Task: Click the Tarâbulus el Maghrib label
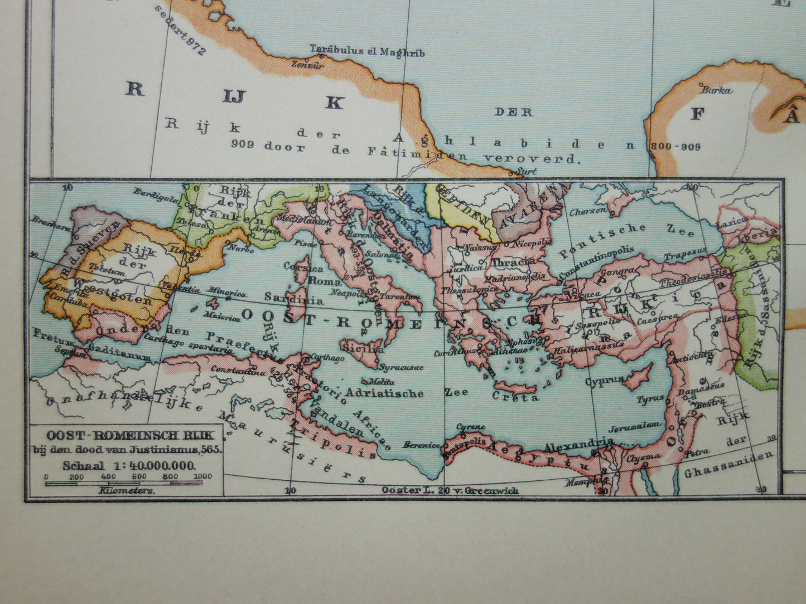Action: pos(367,52)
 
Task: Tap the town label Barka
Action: pos(716,90)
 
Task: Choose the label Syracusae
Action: pos(400,367)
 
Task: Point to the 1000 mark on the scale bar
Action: pos(203,476)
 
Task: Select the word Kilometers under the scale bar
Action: pos(127,491)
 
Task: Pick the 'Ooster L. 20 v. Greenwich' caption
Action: pos(450,490)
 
